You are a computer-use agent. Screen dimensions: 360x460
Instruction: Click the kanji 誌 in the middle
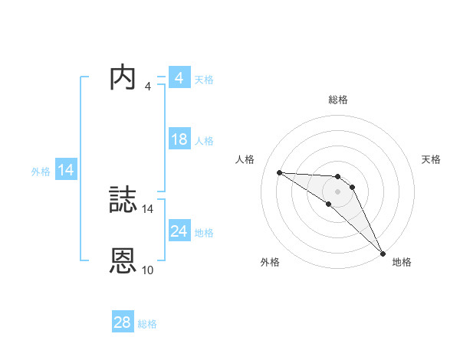[x=123, y=201]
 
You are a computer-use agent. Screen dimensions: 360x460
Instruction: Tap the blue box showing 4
[x=179, y=78]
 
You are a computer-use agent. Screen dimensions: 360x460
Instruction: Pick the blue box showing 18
[x=179, y=139]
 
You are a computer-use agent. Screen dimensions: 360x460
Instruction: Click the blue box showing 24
[x=179, y=231]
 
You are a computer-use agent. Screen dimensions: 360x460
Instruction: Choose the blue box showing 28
[x=123, y=322]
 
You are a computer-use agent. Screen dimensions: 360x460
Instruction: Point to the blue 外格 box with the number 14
[x=66, y=170]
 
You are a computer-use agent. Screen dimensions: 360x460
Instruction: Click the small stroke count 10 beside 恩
[x=148, y=270]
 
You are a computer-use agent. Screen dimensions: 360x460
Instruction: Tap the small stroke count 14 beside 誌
[x=148, y=208]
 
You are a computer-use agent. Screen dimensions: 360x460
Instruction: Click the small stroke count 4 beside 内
[x=147, y=86]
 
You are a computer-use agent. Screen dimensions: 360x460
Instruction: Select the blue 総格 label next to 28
[x=147, y=324]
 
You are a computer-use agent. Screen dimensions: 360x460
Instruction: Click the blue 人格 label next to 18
[x=204, y=141]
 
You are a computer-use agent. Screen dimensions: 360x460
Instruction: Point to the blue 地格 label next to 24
[x=204, y=233]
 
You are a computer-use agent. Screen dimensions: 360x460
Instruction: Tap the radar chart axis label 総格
[x=338, y=100]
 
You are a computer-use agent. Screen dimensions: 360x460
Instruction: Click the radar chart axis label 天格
[x=432, y=159]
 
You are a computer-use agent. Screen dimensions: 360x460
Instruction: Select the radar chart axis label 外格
[x=270, y=263]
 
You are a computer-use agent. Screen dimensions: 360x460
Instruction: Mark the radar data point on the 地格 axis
[x=383, y=252]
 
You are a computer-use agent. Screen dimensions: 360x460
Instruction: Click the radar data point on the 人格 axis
[x=279, y=172]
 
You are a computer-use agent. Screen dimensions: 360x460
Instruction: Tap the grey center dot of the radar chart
[x=338, y=191]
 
